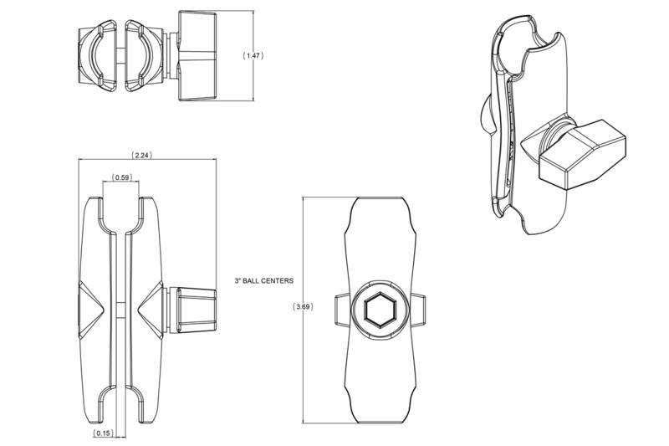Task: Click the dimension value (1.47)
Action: coord(253,54)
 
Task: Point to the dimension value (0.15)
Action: coord(103,433)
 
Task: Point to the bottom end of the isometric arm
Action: coord(535,222)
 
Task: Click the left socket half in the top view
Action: coord(97,54)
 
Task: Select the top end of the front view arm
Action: coord(380,205)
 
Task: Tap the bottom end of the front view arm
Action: coord(380,414)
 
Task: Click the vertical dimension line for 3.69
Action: coord(303,251)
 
